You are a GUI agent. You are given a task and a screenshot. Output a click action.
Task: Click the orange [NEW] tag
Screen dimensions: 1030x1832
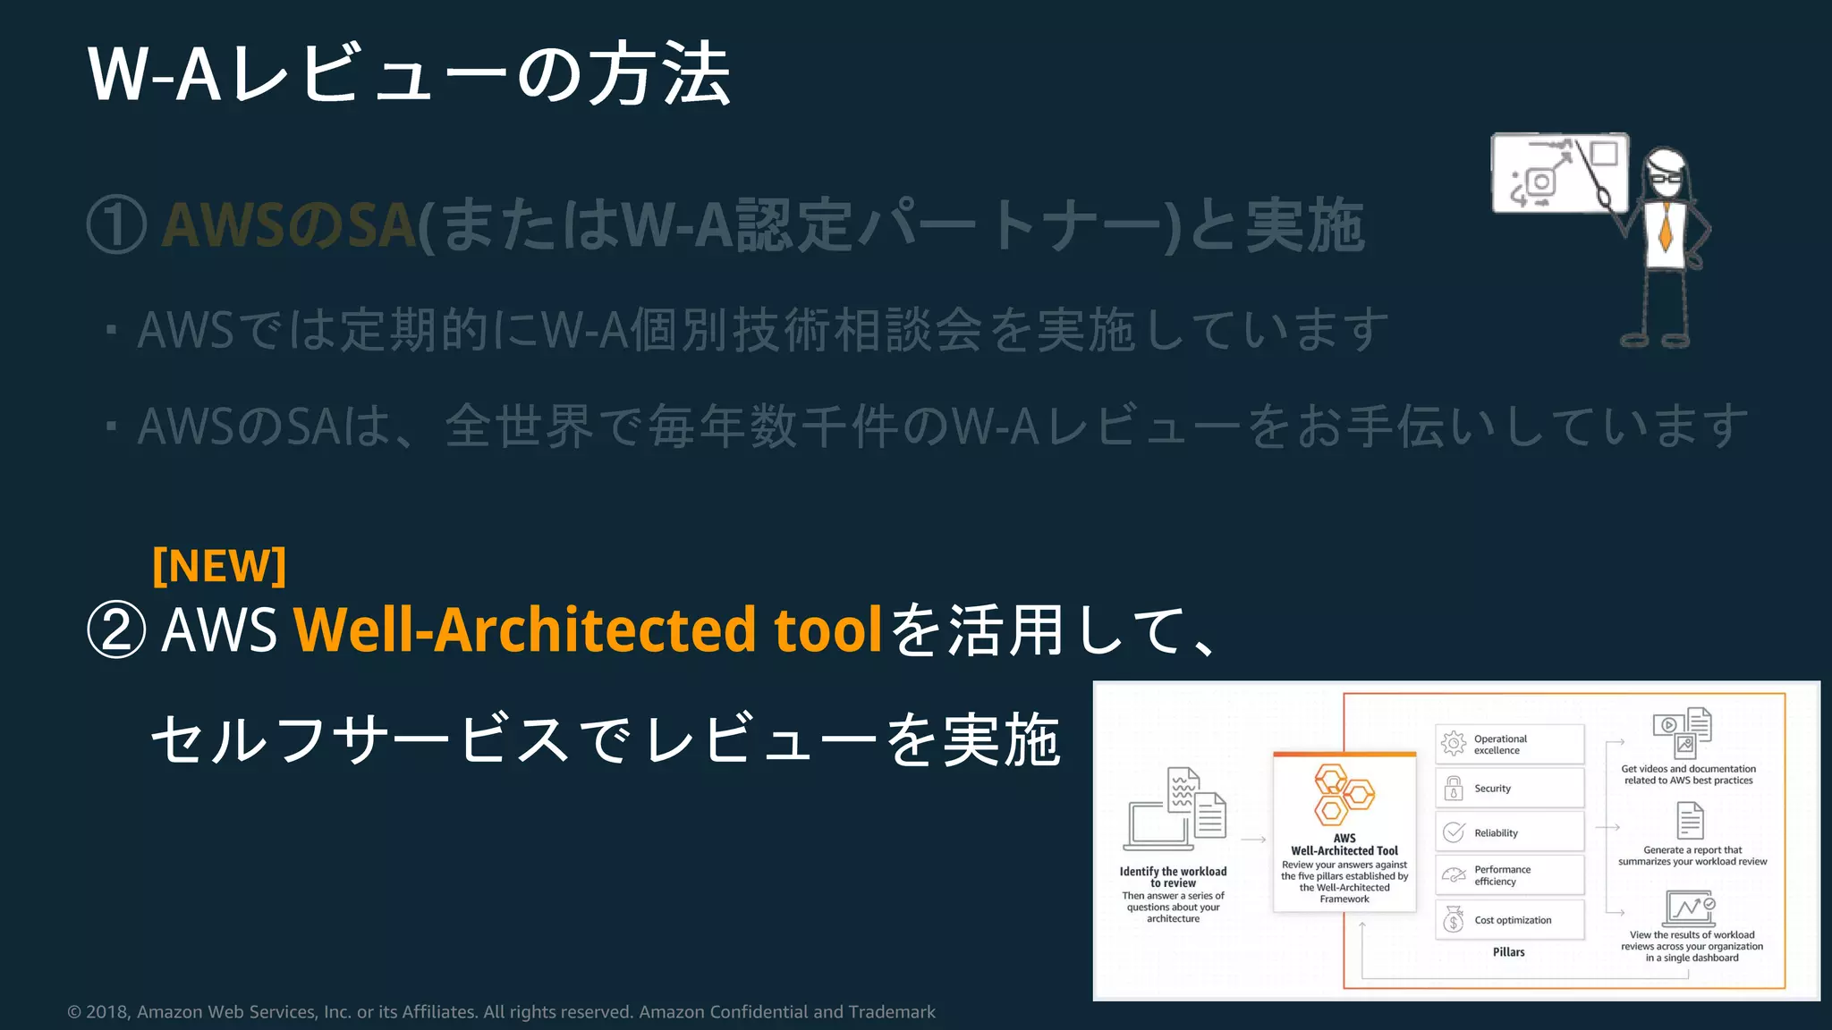click(219, 566)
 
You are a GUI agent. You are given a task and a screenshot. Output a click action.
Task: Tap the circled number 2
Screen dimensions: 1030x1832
click(116, 630)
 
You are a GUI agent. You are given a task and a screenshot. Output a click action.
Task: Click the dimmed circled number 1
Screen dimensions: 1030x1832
click(116, 225)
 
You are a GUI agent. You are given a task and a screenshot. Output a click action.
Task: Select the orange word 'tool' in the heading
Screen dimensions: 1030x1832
click(828, 629)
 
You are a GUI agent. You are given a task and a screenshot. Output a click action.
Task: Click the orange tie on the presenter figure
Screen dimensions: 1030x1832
click(1665, 227)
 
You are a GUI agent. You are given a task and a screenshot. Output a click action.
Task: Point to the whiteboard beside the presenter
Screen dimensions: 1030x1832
click(1558, 173)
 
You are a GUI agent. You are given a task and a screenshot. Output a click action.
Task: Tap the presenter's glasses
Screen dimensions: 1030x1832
click(1666, 176)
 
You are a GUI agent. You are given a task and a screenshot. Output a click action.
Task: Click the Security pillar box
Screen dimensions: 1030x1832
click(1509, 789)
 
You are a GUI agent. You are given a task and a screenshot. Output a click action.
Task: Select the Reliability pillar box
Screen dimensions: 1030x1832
click(1509, 832)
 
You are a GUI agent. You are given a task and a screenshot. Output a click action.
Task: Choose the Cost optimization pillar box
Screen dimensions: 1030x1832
click(1509, 920)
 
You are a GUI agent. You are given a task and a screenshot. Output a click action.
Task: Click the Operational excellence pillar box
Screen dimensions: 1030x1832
click(1509, 745)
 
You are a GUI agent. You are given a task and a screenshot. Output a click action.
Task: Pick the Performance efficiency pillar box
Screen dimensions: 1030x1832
click(1509, 875)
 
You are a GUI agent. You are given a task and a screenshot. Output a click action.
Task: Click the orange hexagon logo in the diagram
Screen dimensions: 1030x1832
click(1343, 795)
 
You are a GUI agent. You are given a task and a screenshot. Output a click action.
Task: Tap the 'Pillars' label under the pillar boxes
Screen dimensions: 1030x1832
click(1508, 952)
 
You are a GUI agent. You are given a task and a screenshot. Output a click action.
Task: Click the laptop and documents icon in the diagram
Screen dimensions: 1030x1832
click(1175, 810)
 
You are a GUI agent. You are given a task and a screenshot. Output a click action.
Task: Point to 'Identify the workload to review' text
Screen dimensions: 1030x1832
click(1173, 877)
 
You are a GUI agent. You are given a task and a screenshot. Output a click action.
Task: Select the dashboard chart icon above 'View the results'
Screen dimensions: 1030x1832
click(1689, 908)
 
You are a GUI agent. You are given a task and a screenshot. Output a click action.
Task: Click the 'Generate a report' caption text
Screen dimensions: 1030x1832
click(1692, 856)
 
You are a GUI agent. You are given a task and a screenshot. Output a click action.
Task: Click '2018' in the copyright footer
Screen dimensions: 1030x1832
click(106, 1012)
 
